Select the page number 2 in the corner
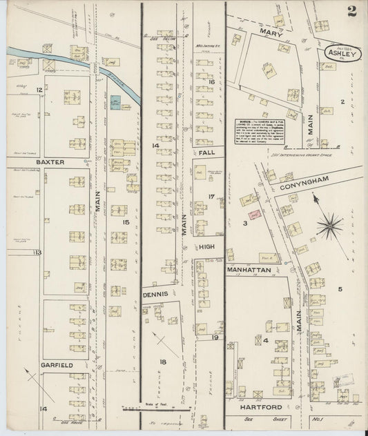tap(352, 10)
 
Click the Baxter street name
tap(51, 162)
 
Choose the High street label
tap(208, 246)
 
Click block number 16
tap(212, 82)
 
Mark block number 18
tap(162, 361)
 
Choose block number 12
tap(39, 90)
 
